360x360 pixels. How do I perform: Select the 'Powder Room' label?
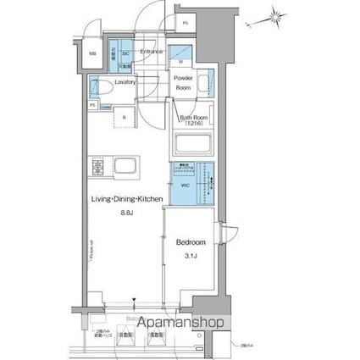point(184,83)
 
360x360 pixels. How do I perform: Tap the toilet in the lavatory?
point(98,86)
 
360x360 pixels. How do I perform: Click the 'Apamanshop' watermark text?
point(180,323)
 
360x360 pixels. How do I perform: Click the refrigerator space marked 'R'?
point(125,116)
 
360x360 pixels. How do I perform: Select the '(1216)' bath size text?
point(193,124)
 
